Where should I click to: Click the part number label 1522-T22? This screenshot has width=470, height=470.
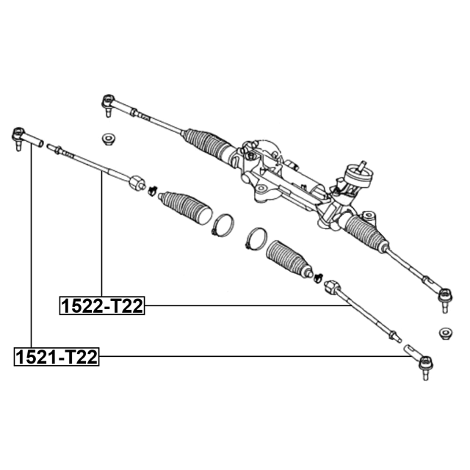(x=102, y=305)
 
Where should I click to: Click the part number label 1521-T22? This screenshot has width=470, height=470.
(x=57, y=357)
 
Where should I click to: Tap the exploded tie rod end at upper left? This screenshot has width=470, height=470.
(x=26, y=138)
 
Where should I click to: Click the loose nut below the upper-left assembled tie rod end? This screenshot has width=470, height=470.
(x=109, y=139)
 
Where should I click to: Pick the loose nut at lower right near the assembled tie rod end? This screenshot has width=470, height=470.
(x=446, y=333)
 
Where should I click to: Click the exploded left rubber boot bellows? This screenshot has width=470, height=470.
(x=185, y=208)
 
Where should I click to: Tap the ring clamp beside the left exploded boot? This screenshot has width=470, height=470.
(x=223, y=225)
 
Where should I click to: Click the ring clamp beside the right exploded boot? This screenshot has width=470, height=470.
(x=256, y=239)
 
